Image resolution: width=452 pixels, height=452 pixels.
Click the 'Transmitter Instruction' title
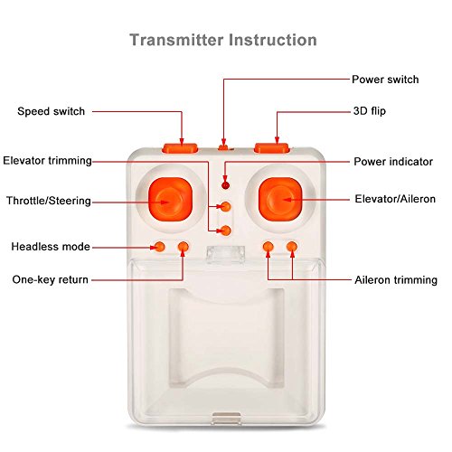(x=223, y=40)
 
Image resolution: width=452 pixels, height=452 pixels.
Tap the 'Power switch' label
(x=385, y=80)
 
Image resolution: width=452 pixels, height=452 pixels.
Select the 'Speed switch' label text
(x=51, y=111)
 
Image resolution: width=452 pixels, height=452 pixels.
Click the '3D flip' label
(x=370, y=111)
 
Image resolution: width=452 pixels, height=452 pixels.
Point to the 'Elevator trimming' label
(x=47, y=161)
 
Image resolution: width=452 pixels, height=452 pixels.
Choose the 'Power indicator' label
(x=393, y=162)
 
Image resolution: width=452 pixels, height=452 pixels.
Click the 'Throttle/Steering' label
(x=49, y=201)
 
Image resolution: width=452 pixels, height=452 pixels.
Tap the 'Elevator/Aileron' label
(x=395, y=199)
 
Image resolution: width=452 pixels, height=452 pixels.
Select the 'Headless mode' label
(x=51, y=247)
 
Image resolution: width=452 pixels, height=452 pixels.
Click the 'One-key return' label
(x=51, y=279)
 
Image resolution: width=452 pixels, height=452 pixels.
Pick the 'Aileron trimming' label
(x=396, y=280)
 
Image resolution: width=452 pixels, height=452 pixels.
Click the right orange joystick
(x=280, y=199)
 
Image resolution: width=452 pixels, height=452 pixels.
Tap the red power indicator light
(x=225, y=185)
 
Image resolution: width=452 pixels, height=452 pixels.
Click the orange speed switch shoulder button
(x=180, y=148)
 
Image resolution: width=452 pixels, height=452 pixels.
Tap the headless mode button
(x=159, y=247)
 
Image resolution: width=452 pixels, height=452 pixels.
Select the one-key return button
(x=184, y=247)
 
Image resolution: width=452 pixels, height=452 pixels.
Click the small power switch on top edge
(x=223, y=147)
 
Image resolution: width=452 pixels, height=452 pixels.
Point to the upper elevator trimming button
(x=225, y=206)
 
